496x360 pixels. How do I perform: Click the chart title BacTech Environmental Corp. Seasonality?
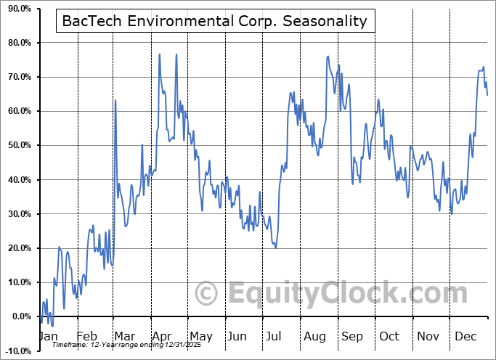pos(216,21)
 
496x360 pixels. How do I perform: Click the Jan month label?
pos(48,336)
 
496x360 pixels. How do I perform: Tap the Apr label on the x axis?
pos(162,336)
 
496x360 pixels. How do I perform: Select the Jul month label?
pos(275,336)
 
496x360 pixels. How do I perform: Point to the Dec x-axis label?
pos(465,336)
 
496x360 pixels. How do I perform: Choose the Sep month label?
pos(352,336)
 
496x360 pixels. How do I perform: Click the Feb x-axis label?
pos(86,336)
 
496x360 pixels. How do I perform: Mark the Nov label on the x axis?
pos(427,336)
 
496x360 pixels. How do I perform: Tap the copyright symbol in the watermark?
pos(207,293)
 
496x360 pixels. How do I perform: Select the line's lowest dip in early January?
pos(51,325)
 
